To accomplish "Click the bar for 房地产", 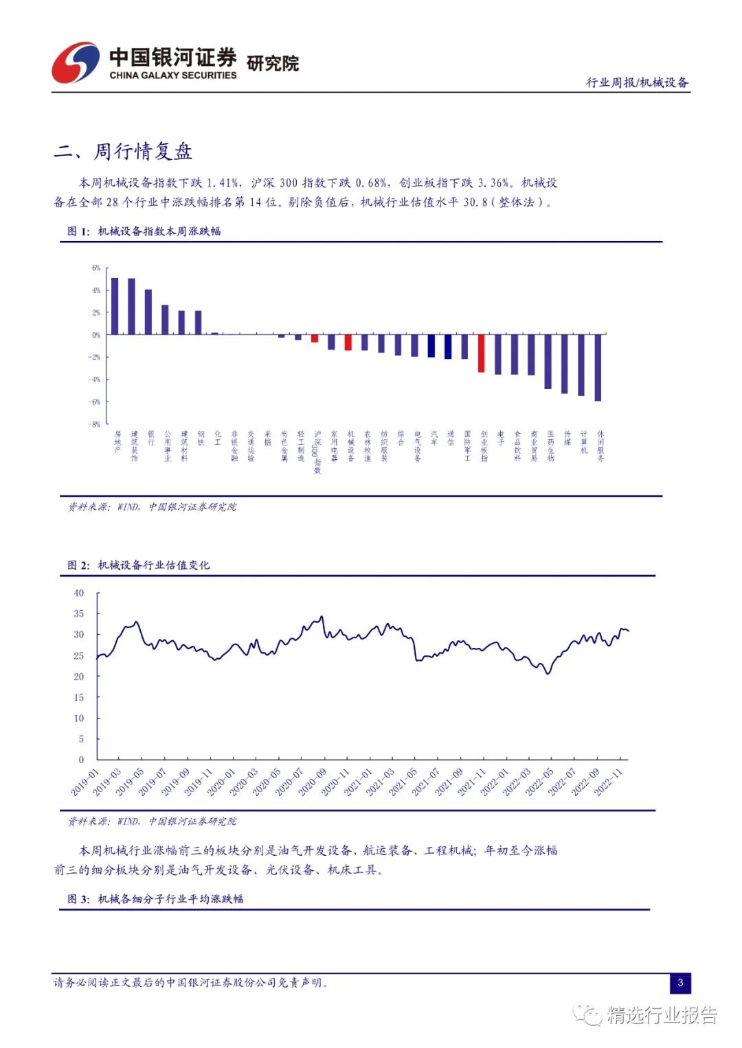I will point(115,306).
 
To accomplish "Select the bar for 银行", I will point(148,312).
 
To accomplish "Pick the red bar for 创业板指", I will point(481,353).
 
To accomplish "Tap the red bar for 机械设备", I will point(348,342).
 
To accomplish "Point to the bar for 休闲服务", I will point(598,367).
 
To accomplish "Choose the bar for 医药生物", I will point(548,362).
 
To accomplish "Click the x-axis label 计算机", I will point(584,442).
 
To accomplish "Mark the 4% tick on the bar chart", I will point(96,290).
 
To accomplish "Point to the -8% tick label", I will point(95,424).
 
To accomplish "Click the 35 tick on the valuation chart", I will point(79,614).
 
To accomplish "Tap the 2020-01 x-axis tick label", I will point(221,782).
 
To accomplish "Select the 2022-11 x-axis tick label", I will point(608,782).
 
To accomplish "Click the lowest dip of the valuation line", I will point(548,673).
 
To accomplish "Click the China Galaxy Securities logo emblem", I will point(75,63).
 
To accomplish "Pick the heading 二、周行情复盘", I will point(124,151).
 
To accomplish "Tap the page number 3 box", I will point(680,982).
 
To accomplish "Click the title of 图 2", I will point(139,565).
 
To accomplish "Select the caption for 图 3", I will point(155,898).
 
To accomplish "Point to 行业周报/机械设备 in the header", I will point(637,82).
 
